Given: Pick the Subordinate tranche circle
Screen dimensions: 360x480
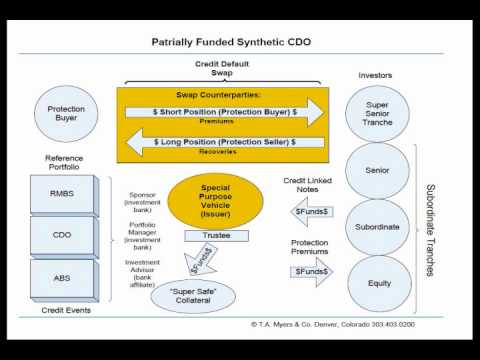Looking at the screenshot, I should tap(378, 226).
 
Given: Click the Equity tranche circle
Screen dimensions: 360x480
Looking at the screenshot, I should tap(378, 283).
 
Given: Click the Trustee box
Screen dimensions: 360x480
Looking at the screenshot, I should tap(215, 237).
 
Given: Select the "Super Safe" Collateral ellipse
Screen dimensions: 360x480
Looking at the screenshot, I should tap(200, 295).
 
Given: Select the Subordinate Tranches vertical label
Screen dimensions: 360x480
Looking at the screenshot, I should tap(431, 229).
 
